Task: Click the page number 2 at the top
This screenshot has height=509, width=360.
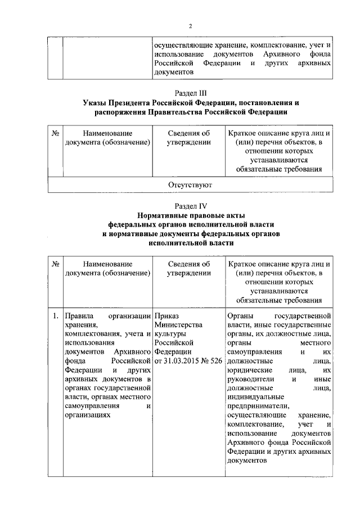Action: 191,26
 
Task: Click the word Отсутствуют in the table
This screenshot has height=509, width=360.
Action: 191,184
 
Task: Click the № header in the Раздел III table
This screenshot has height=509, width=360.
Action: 56,134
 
